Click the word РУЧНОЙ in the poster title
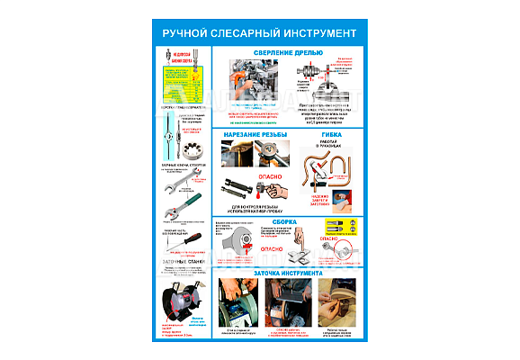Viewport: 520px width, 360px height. (x=185, y=33)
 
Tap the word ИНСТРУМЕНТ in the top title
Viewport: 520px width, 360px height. (x=311, y=33)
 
